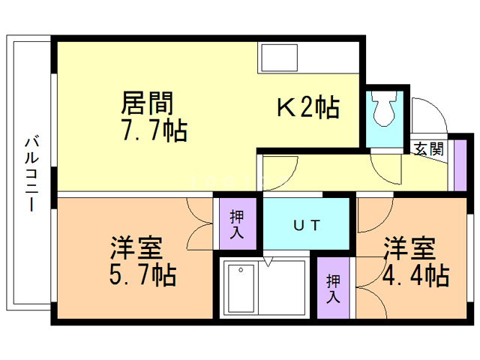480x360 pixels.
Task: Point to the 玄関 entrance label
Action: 428,148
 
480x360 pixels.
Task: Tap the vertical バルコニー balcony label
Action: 31,174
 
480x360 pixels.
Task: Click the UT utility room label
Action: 307,224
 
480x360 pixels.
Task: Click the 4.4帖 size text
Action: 415,275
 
